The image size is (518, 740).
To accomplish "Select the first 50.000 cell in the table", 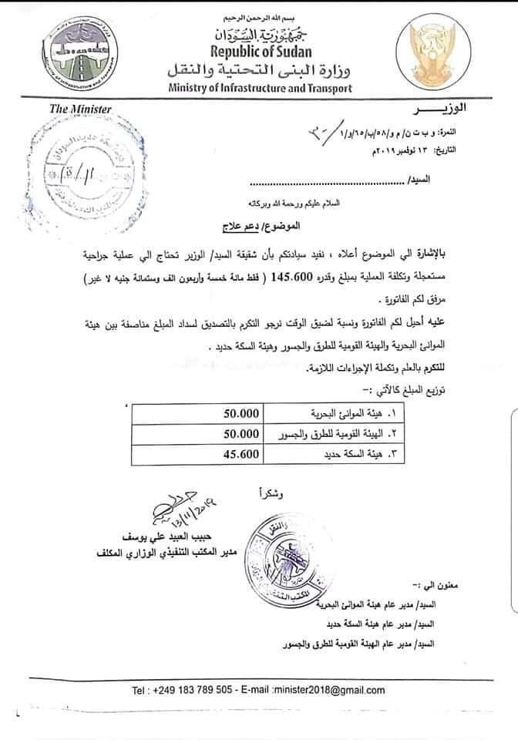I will point(233,413).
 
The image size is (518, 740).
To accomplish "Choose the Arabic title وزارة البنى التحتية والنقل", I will point(261,72).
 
